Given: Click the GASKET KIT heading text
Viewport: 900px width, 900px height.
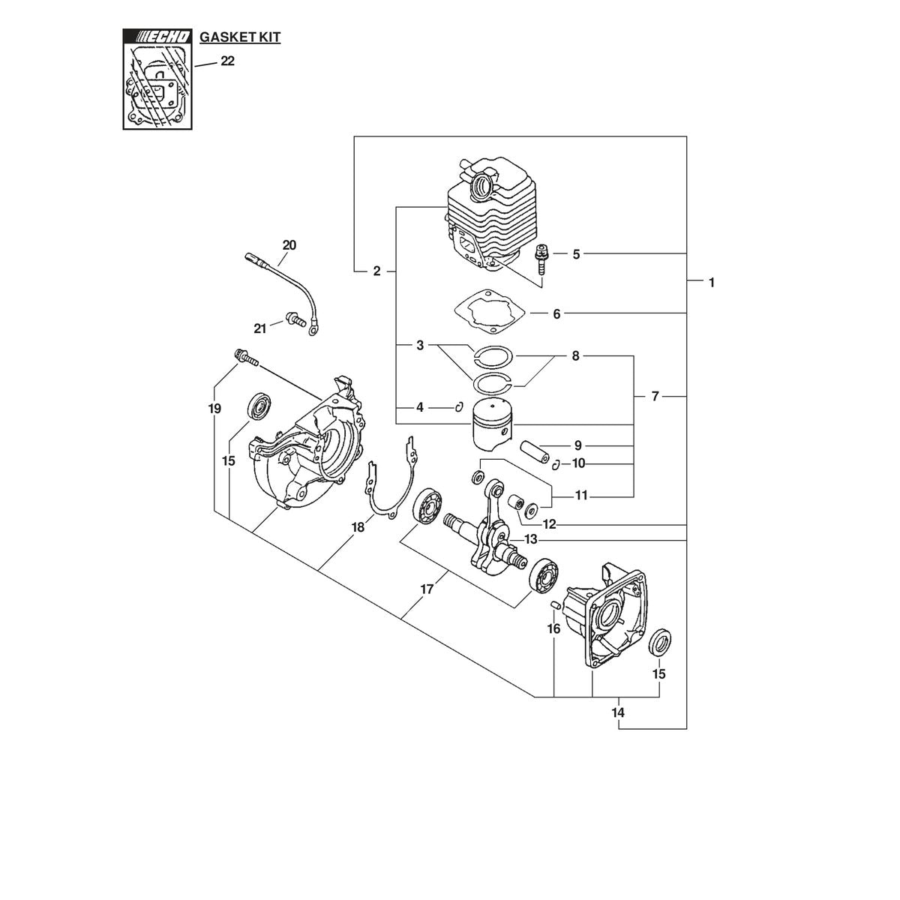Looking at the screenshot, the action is pyautogui.click(x=240, y=37).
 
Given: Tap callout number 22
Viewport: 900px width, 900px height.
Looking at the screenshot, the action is pyautogui.click(x=227, y=61).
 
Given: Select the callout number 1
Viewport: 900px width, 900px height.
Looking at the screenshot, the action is pyautogui.click(x=711, y=283).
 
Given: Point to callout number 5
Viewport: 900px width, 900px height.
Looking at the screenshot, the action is pyautogui.click(x=576, y=254).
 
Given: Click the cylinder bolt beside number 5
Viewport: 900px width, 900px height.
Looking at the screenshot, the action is pyautogui.click(x=541, y=260).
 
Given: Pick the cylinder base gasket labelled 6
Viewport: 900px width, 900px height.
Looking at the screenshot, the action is pyautogui.click(x=490, y=310).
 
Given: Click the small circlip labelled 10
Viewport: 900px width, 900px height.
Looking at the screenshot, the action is pyautogui.click(x=556, y=465).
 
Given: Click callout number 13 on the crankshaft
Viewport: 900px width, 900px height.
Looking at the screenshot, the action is pyautogui.click(x=530, y=539).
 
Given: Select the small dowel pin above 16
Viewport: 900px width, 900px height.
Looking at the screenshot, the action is pyautogui.click(x=555, y=604).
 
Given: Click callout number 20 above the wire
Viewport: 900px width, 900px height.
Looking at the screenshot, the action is pyautogui.click(x=289, y=245).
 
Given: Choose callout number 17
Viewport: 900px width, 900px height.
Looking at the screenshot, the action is pyautogui.click(x=427, y=590).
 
